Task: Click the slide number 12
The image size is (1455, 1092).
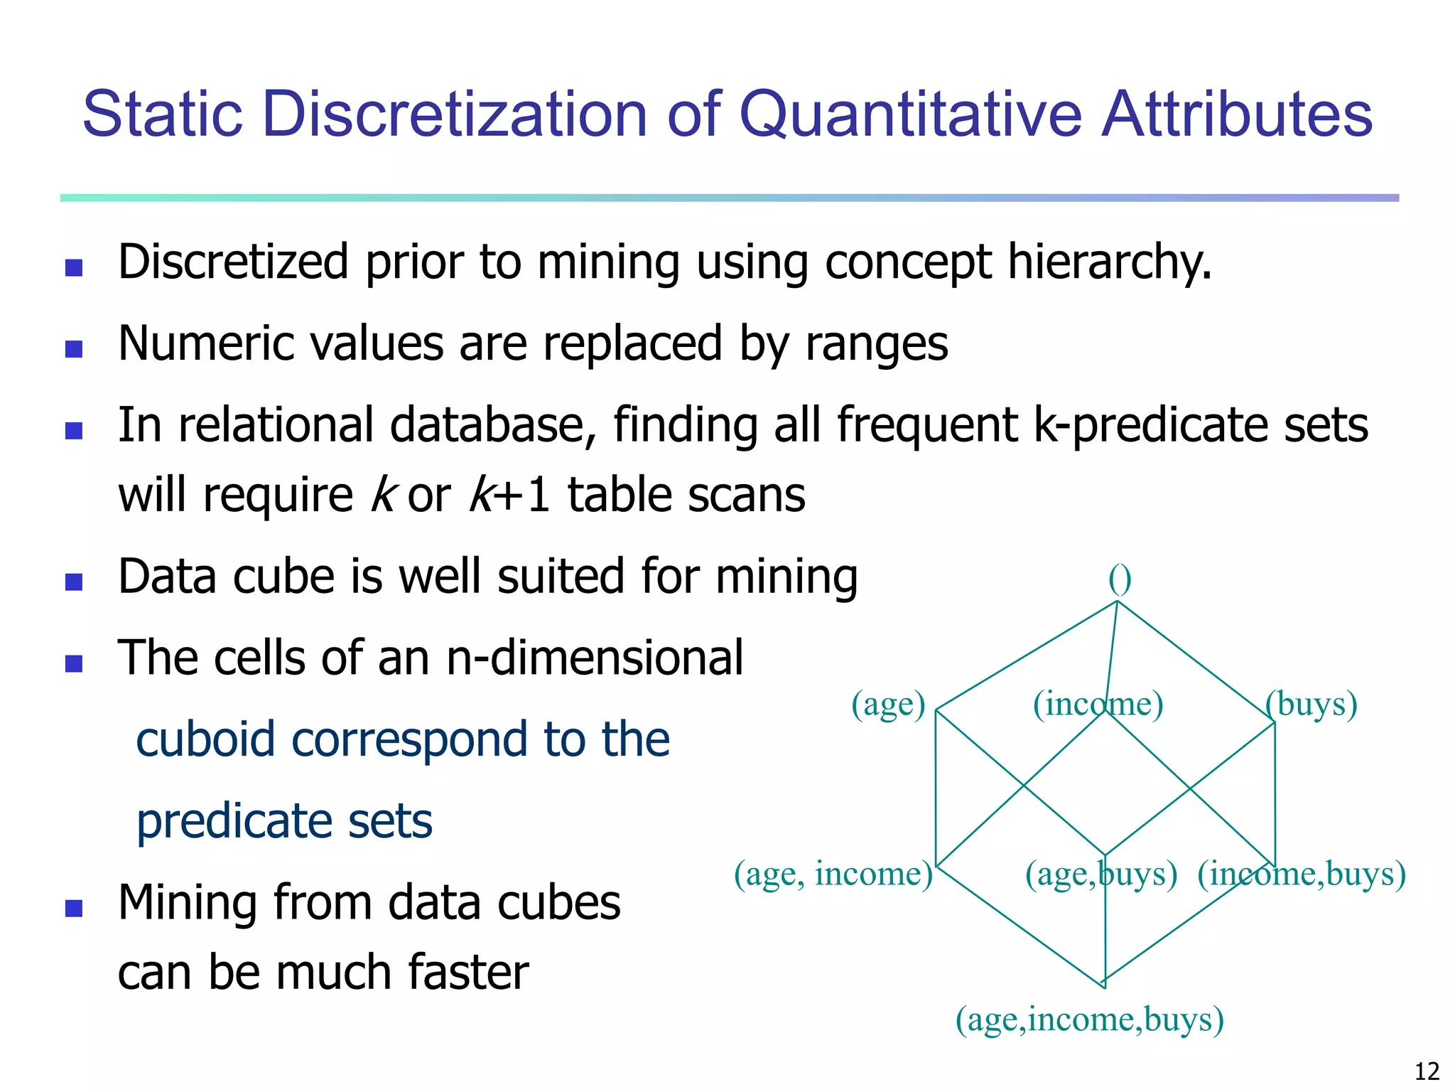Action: (x=1427, y=1071)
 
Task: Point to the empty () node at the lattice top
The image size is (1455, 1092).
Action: (x=1120, y=580)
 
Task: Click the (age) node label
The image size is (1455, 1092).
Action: (x=888, y=704)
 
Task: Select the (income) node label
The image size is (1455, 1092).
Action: (x=1098, y=704)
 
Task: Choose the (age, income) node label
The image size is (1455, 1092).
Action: (x=833, y=874)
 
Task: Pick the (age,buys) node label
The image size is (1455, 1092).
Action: (x=1100, y=874)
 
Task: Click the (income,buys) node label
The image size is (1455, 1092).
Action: (x=1302, y=874)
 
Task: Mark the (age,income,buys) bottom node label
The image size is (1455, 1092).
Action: (x=1089, y=1019)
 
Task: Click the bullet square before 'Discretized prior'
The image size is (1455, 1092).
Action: (x=74, y=267)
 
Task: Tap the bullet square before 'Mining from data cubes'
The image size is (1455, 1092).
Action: (x=74, y=908)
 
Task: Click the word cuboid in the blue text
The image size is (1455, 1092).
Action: (x=205, y=739)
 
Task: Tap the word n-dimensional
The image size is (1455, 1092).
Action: (x=595, y=658)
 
